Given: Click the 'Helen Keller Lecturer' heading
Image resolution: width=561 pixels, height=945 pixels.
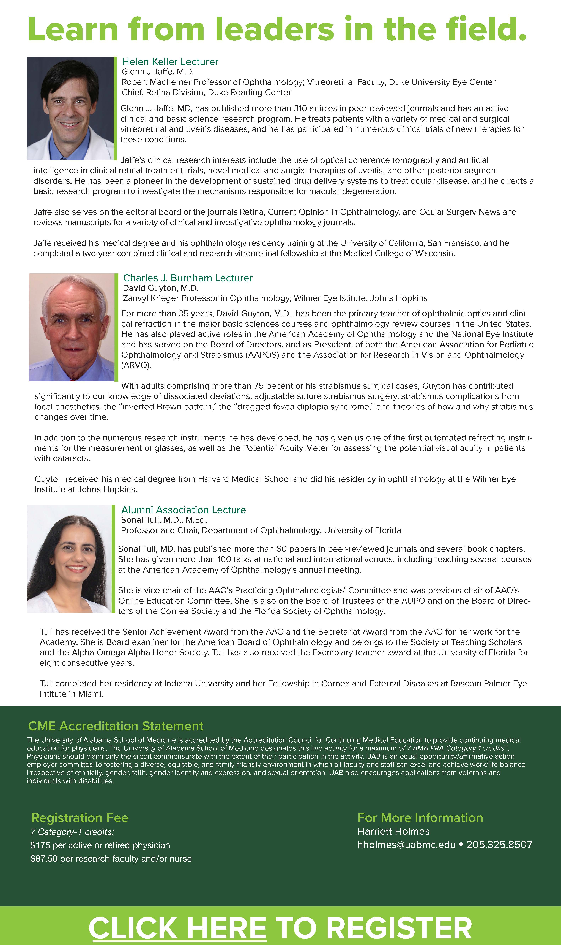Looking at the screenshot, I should point(170,62).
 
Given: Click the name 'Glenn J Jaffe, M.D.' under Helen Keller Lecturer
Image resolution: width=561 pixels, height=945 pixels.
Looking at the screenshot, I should point(158,72).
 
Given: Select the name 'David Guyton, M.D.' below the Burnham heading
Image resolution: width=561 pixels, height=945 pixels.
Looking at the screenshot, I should point(161,288).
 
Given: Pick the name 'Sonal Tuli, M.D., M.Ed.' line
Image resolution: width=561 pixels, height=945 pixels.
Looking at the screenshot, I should point(164,520).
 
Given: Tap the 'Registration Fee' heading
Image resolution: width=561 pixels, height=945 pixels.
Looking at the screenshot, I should point(80,818).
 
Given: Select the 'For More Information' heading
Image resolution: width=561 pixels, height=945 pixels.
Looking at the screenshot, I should point(420,818).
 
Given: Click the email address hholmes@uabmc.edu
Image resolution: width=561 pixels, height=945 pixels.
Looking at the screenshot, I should point(406,845).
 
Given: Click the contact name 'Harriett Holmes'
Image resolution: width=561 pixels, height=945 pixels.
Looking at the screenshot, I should point(393,832).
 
